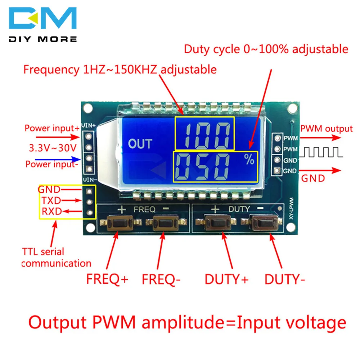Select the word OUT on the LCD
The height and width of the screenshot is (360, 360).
click(x=140, y=144)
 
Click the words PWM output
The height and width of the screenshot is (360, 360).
click(x=326, y=129)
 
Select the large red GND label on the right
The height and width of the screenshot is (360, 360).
click(x=313, y=178)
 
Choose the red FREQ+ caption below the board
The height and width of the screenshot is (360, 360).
click(x=107, y=279)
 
